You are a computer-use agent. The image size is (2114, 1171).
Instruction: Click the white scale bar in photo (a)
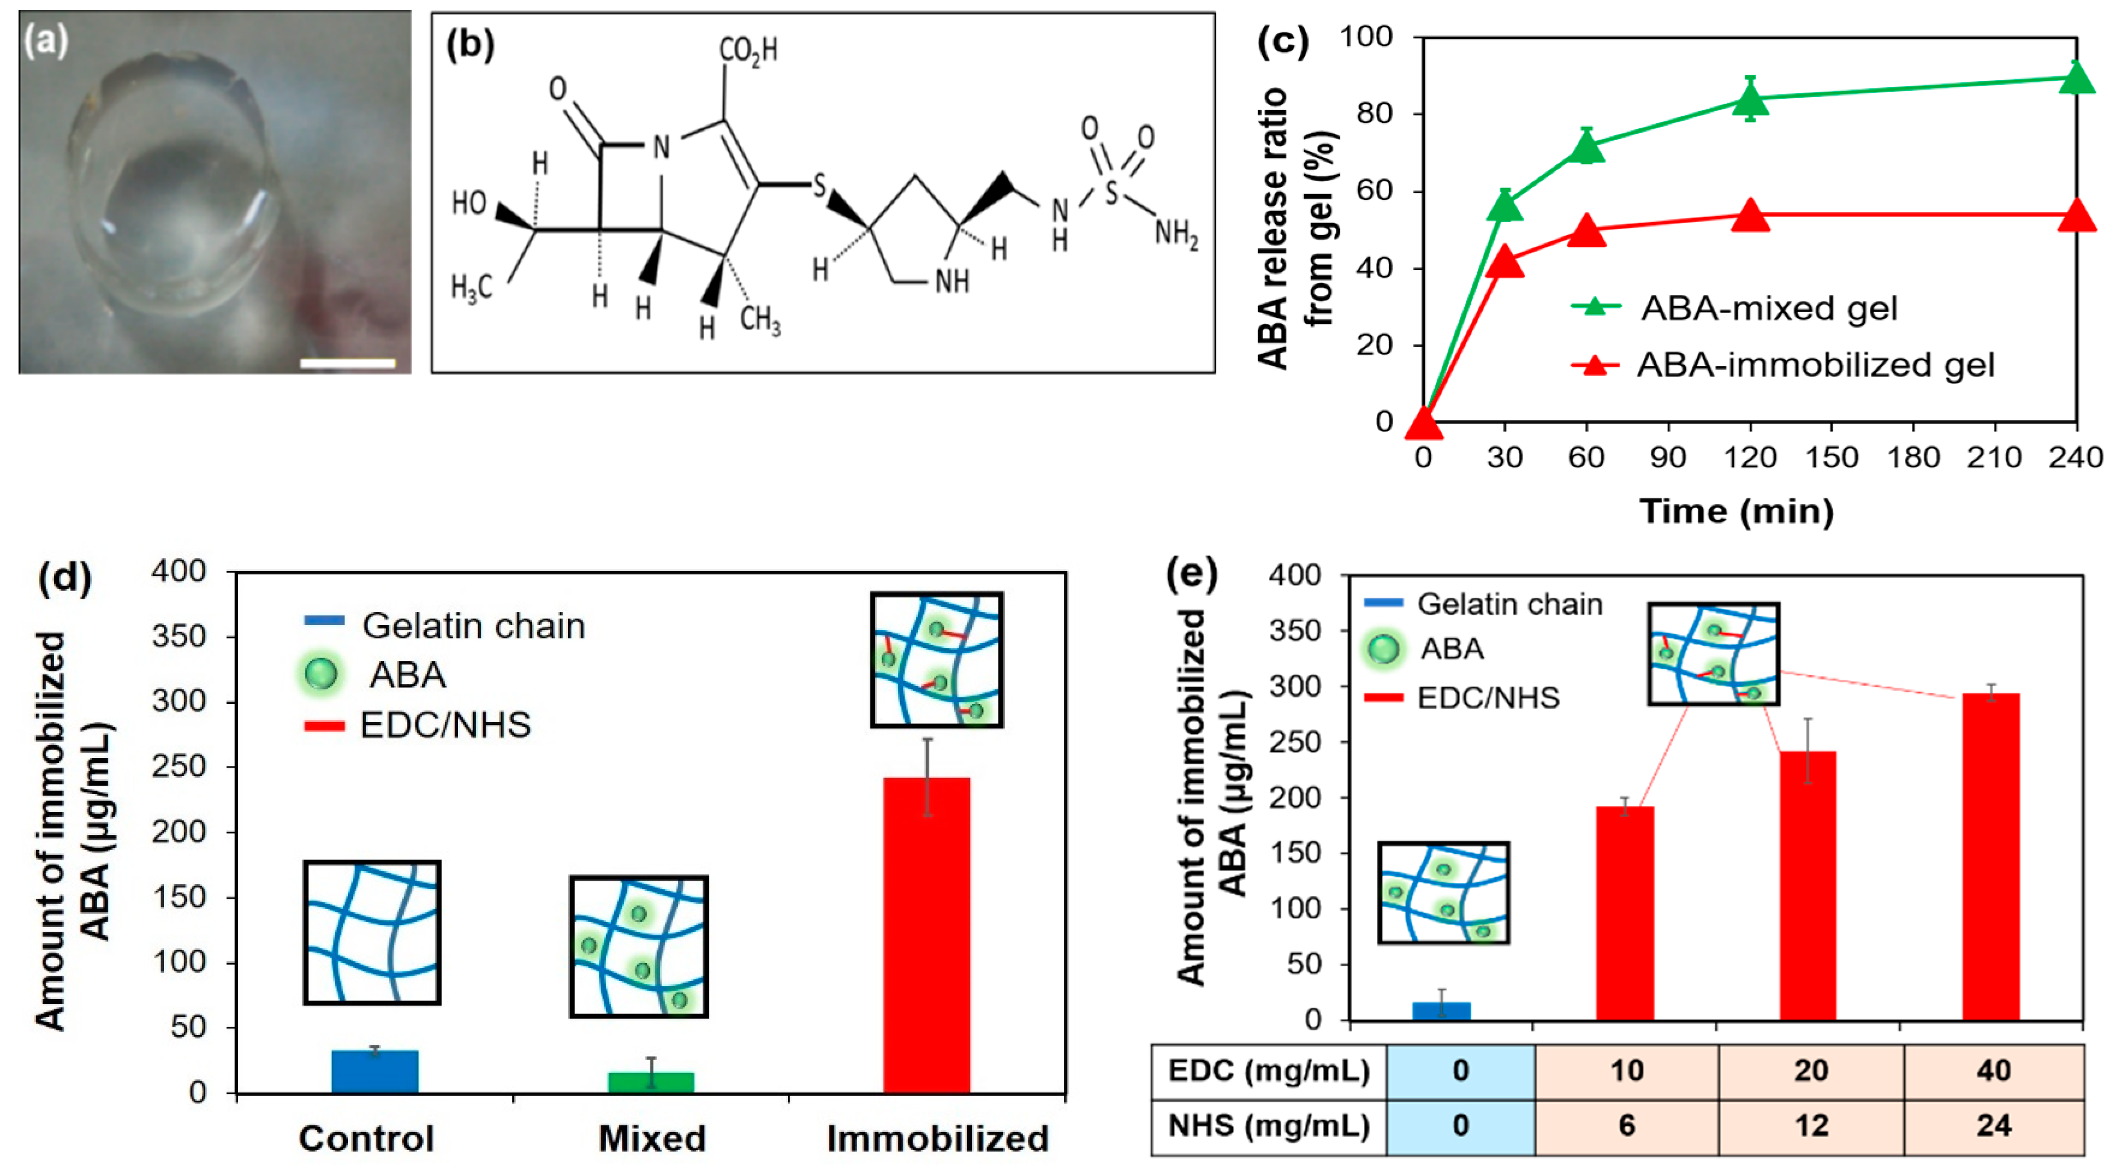[347, 362]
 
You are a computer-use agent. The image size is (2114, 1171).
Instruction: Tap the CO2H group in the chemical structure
[748, 51]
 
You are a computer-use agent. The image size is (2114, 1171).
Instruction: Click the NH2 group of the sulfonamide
[1176, 234]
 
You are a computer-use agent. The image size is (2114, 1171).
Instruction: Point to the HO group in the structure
[469, 203]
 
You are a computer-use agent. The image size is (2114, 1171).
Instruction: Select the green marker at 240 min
[2076, 79]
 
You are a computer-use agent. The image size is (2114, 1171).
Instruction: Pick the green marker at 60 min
[1586, 148]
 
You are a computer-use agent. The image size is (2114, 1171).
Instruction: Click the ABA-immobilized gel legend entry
[1813, 365]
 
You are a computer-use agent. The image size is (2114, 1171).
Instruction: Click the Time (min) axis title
[1736, 511]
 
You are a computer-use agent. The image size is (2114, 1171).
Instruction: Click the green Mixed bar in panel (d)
[651, 1083]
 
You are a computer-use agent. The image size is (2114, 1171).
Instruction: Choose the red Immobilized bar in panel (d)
[926, 935]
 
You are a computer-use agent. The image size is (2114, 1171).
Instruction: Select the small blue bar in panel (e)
[1441, 1011]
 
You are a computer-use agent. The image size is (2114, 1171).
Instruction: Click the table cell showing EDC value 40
[1993, 1071]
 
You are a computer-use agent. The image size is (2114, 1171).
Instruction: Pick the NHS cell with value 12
[1810, 1125]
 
